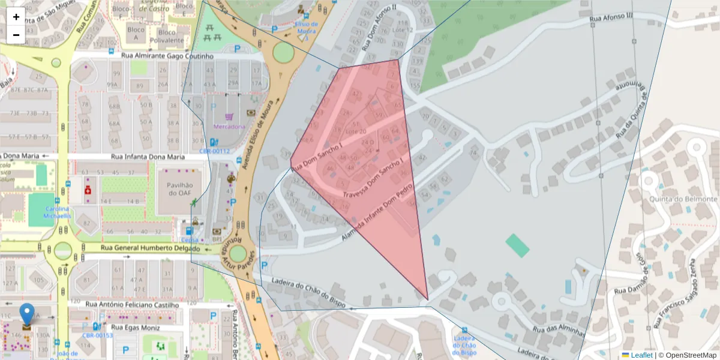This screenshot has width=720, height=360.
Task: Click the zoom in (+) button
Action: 16,17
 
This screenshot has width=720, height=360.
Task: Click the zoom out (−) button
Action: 16,35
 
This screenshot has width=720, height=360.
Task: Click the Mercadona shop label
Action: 229,127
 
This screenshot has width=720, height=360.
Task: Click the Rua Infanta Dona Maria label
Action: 148,157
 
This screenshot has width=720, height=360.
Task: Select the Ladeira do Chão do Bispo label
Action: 308,291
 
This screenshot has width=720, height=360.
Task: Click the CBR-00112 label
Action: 215,151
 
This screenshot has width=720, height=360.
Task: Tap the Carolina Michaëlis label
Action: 57,212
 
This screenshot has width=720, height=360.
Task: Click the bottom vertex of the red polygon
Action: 428,299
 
